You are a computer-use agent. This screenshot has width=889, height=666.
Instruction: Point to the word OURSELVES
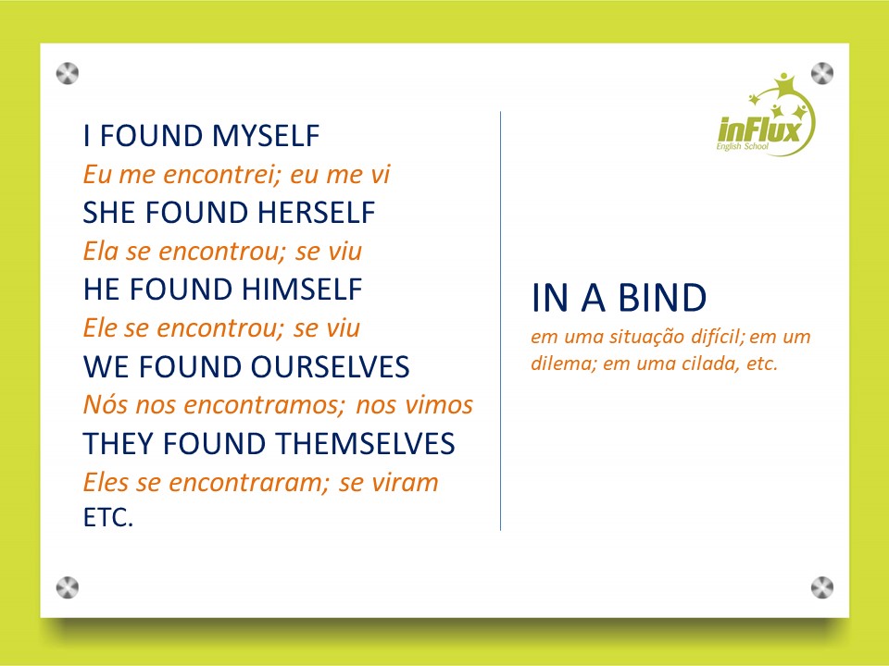[x=330, y=367]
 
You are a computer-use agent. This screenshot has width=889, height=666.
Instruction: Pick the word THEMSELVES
[x=361, y=444]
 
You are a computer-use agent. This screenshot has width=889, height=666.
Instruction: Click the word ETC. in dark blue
[x=108, y=518]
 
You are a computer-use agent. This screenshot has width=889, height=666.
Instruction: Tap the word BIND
[x=660, y=299]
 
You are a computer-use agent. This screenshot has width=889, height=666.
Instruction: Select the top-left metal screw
[x=68, y=72]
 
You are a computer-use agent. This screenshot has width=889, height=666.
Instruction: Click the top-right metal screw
[x=822, y=72]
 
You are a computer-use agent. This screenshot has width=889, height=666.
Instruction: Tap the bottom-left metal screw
[x=68, y=586]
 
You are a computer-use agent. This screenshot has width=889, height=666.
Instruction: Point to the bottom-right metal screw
[x=822, y=586]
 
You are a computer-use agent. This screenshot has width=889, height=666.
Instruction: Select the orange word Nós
[x=102, y=405]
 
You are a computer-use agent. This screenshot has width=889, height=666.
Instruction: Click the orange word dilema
[x=562, y=364]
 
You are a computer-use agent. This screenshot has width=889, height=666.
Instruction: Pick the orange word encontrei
[x=219, y=175]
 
